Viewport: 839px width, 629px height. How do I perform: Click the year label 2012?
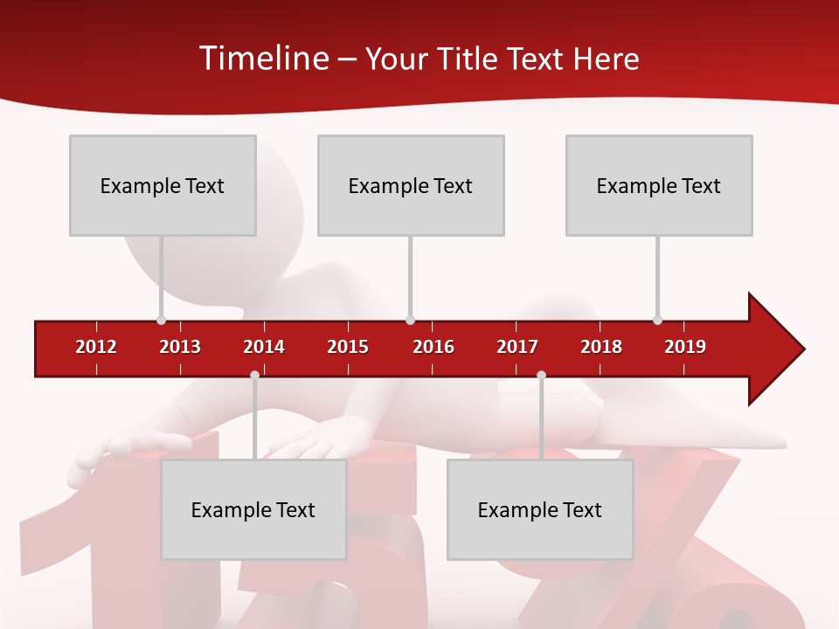coord(96,347)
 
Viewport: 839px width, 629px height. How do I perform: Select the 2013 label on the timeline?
coord(180,347)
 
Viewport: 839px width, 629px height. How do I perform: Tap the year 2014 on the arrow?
coord(264,347)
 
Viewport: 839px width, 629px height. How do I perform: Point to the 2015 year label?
coord(348,347)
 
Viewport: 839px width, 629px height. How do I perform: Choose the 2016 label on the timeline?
coord(433,347)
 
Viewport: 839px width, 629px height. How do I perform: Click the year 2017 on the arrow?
coord(517,347)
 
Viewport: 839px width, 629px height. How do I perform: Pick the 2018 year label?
coord(601,347)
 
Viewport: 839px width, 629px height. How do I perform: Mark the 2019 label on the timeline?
coord(685,347)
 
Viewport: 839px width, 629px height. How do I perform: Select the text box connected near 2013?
coord(163,185)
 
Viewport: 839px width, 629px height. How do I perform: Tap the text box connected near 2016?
coord(411,185)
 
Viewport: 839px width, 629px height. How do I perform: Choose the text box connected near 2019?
coord(659,185)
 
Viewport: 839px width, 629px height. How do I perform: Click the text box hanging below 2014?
coord(253,509)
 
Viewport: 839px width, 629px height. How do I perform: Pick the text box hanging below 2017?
coord(540,509)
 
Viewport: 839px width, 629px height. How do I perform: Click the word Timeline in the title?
coord(263,59)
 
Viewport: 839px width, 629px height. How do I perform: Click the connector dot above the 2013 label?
coord(162,320)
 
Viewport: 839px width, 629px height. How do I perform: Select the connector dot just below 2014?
coord(254,376)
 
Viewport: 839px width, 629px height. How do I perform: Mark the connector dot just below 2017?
coord(541,376)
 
